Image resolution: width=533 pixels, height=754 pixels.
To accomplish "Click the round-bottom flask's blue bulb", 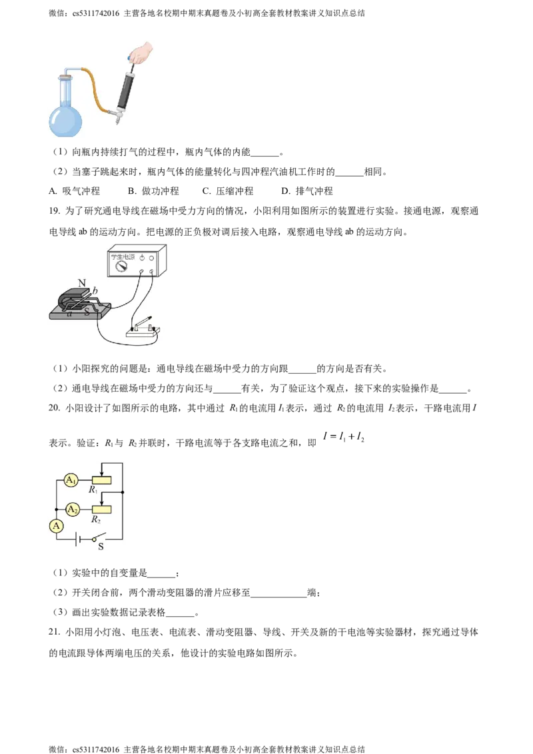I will coord(65,121).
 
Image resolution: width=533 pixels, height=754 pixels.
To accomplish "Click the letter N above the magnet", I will coord(82,283).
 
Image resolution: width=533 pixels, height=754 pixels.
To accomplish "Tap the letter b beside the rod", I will coord(95,290).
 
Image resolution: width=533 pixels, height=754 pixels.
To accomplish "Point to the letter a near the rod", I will coord(69,313).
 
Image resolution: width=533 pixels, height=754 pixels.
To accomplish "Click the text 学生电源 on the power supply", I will coord(122,254).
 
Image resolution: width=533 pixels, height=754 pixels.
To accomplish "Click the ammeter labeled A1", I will coord(71,480).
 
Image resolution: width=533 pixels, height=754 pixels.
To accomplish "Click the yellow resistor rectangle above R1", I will coord(101,480).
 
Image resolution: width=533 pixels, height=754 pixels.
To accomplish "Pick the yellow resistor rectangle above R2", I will coord(101,508).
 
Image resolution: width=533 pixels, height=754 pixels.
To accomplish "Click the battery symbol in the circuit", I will coord(79,538).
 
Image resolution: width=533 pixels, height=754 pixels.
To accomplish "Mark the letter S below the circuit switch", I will coord(101,548).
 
